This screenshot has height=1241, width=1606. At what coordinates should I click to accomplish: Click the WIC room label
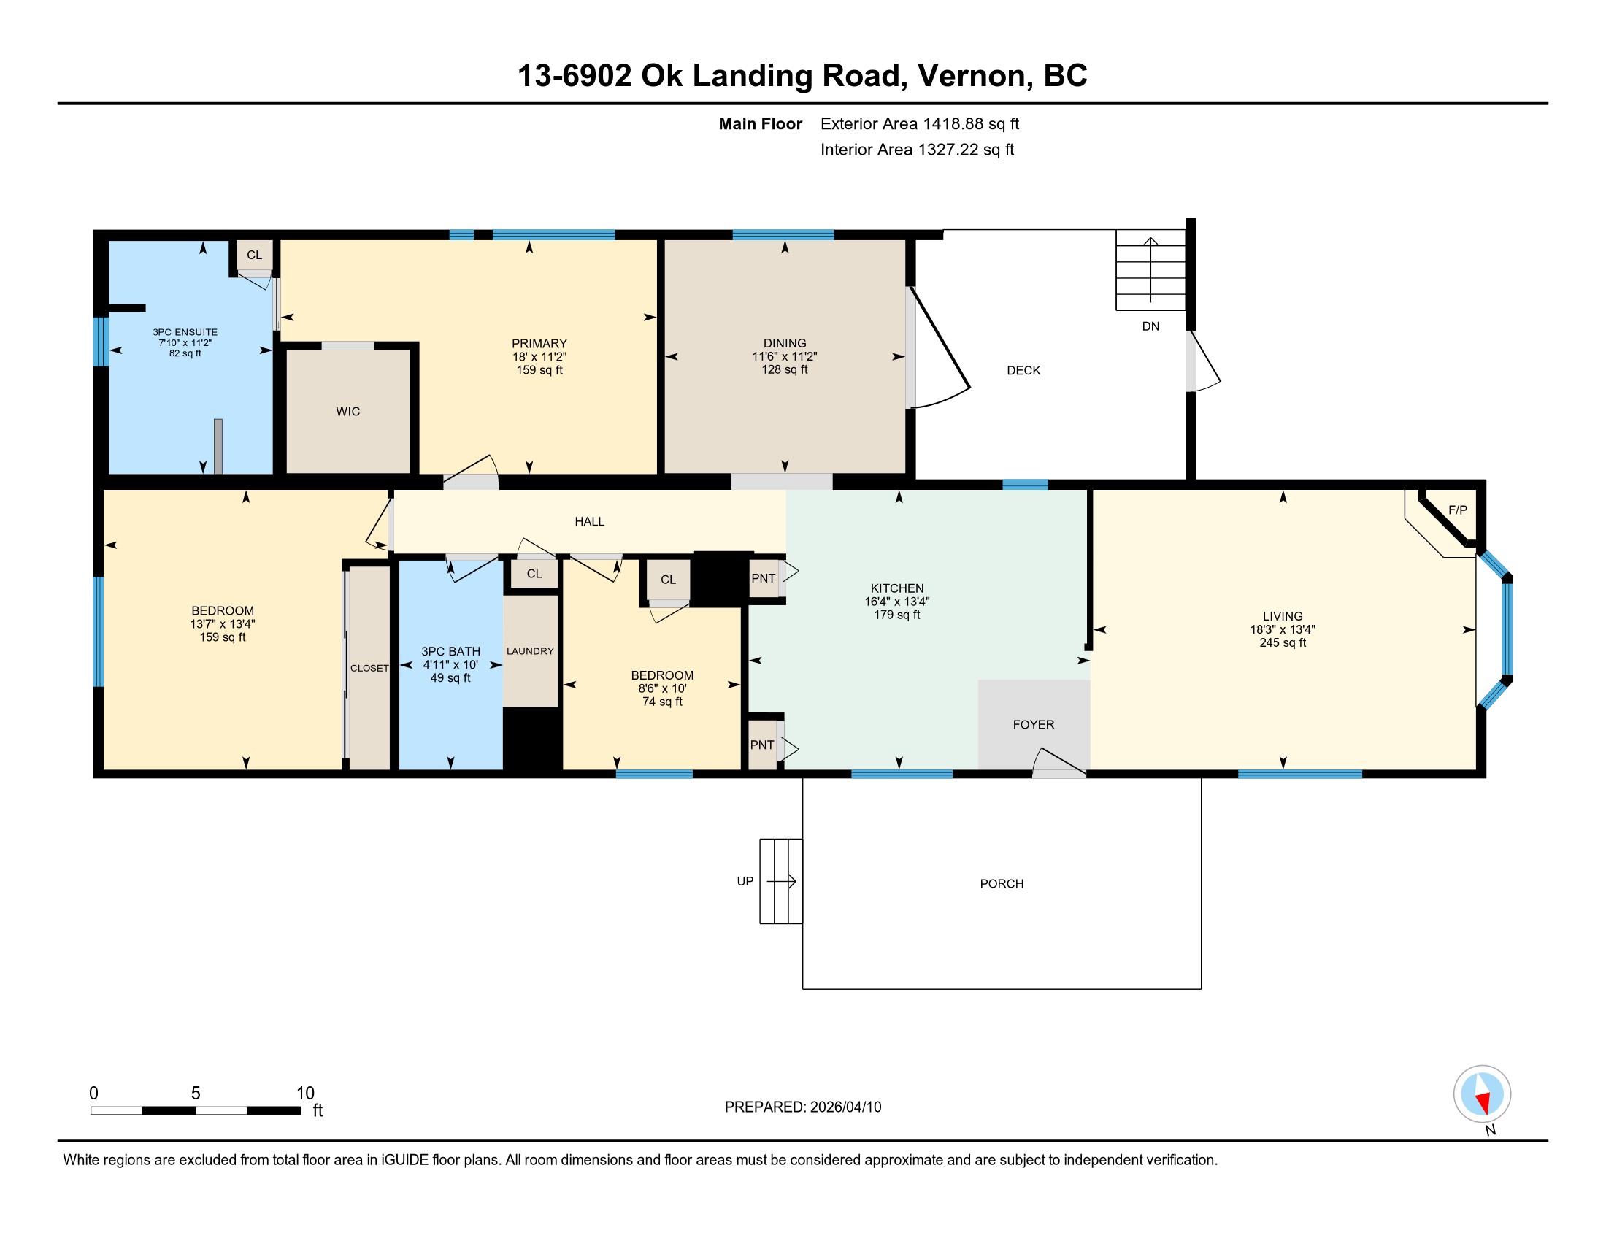[x=347, y=412]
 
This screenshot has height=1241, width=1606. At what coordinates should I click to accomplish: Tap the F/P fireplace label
[x=1458, y=510]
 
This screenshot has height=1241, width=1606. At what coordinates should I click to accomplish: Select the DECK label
[x=1023, y=371]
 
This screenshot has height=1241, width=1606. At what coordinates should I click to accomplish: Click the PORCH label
[x=1002, y=884]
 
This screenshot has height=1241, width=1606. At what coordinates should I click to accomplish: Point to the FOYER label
[x=1033, y=725]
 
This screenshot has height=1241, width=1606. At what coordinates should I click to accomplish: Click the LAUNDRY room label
[x=530, y=651]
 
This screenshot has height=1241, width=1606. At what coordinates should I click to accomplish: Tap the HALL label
[x=590, y=522]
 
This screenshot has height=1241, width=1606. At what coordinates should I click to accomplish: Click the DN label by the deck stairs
[x=1150, y=326]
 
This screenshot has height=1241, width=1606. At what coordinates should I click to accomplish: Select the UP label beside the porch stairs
[x=745, y=882]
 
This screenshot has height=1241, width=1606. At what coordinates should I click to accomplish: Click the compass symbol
[x=1482, y=1094]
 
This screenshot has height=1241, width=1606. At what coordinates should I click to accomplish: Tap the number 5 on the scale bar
[x=196, y=1094]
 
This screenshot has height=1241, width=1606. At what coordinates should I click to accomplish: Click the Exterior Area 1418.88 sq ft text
[x=920, y=124]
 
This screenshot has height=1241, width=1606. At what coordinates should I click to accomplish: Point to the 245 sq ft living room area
[x=1283, y=642]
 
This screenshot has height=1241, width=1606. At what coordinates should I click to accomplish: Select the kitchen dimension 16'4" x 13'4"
[x=897, y=602]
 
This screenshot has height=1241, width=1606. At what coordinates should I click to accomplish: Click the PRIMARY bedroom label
[x=539, y=344]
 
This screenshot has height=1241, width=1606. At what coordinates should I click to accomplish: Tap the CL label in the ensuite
[x=255, y=255]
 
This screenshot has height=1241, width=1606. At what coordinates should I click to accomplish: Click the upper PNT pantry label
[x=764, y=579]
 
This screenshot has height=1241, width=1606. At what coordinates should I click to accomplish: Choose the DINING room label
[x=785, y=343]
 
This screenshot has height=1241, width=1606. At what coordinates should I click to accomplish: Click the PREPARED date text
[x=803, y=1107]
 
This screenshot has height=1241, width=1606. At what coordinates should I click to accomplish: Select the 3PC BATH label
[x=450, y=652]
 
